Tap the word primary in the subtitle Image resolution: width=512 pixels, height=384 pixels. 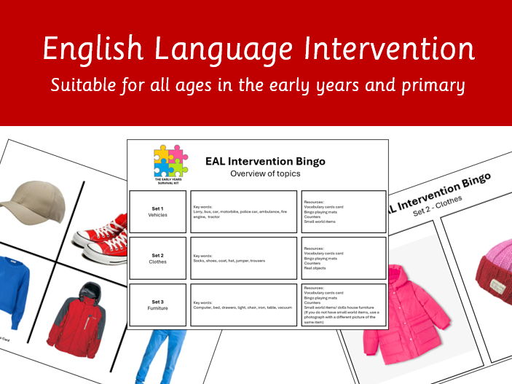pos(432,86)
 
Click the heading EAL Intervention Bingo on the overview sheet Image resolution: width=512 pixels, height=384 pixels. pos(275,161)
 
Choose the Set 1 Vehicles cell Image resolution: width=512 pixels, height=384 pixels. pos(157,211)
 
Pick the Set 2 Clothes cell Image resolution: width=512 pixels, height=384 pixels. pos(157,258)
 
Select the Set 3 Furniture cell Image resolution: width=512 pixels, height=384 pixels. pos(157,305)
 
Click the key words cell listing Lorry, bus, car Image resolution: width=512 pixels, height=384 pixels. pos(243,211)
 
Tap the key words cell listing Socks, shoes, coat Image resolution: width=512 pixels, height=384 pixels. pos(243,258)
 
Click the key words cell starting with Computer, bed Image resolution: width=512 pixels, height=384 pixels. pos(243,305)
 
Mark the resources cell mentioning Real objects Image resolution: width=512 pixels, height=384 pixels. pos(342,258)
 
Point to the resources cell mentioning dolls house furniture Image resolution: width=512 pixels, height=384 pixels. pos(342,305)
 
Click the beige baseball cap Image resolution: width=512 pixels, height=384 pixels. pos(28,201)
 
